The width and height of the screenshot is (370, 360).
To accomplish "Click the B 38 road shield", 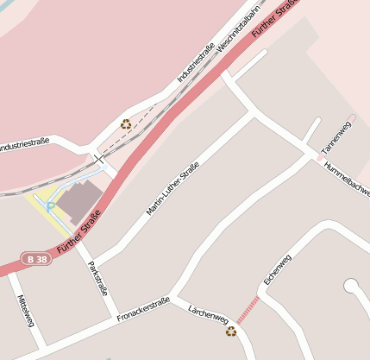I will [x=34, y=258].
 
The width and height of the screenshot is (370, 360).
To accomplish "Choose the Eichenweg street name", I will [x=278, y=270].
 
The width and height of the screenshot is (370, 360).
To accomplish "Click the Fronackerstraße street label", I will [x=142, y=310].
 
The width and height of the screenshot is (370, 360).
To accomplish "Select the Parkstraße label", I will [x=98, y=279].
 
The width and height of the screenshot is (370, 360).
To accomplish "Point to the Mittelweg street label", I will [x=25, y=310].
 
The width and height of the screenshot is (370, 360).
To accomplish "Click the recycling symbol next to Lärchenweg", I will [x=230, y=332].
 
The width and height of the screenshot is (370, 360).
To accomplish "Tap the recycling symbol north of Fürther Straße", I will [x=126, y=124].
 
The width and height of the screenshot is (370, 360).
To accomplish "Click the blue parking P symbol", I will [x=49, y=206].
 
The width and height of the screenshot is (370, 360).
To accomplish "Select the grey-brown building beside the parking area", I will [x=78, y=200].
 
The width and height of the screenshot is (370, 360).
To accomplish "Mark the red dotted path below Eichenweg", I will [x=248, y=308].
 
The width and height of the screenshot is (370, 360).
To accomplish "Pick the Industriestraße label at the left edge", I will [x=24, y=146].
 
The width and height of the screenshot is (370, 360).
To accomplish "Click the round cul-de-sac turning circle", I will [x=350, y=285].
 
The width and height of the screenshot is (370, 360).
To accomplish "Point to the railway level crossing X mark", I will [x=98, y=159].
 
